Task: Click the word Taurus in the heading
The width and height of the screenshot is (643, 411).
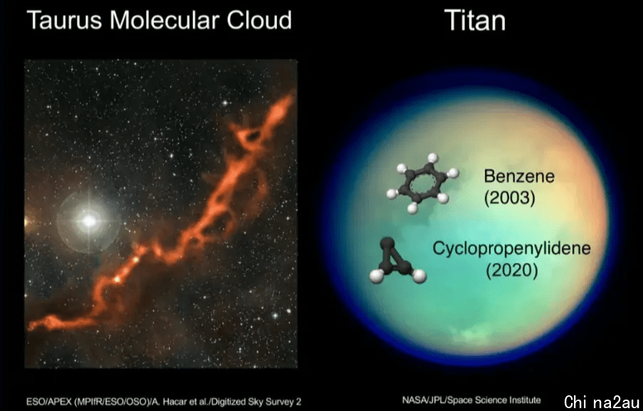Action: coord(64,20)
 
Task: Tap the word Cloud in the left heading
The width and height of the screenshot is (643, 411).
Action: coord(259,20)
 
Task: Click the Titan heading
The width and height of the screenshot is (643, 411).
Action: coord(475,20)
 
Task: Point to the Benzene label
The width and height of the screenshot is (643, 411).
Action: coord(519,176)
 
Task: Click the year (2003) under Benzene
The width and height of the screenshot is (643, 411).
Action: coord(510,198)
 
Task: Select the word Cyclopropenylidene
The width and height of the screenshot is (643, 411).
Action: coord(511,249)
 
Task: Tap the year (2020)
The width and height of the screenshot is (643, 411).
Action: coord(512,270)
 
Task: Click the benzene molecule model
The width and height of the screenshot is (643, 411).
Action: coord(422,183)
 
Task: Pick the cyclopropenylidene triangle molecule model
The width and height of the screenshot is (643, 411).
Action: coord(397,261)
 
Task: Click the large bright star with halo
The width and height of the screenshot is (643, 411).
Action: coord(88,222)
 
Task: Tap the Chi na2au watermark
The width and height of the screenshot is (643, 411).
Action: coord(601,402)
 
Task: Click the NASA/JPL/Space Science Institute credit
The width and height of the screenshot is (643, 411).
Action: coord(471,400)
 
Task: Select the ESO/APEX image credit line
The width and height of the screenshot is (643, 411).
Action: coord(164,402)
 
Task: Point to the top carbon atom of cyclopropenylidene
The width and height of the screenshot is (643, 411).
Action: coord(386,244)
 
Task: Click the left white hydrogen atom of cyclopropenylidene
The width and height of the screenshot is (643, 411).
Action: coord(377,276)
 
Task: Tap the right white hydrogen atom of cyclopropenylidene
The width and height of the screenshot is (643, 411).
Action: coord(419,276)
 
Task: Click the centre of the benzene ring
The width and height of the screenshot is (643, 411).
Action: coord(422,183)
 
